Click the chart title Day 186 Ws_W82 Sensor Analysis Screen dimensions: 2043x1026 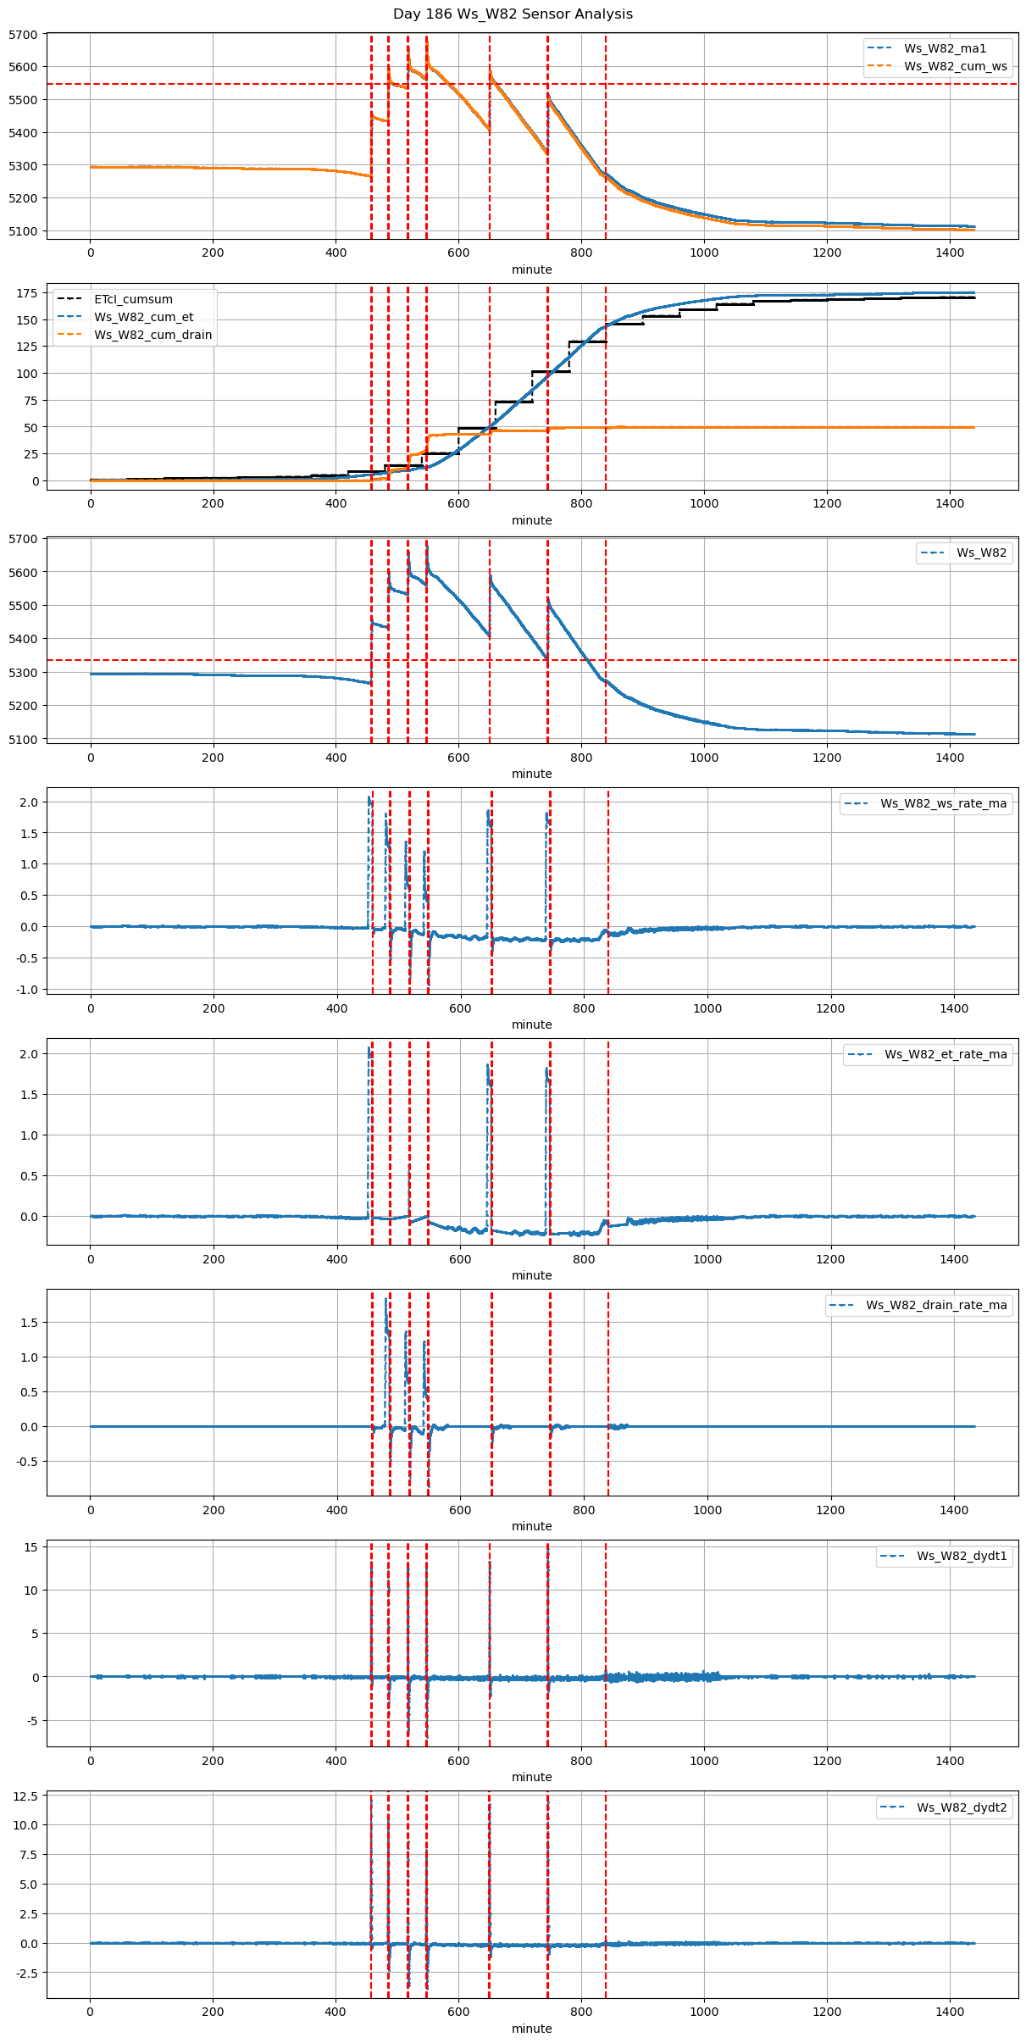pyautogui.click(x=513, y=14)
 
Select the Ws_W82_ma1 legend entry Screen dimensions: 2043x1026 pyautogui.click(x=945, y=48)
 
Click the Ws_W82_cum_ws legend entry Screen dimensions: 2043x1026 pyautogui.click(x=955, y=66)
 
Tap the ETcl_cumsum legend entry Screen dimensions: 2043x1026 pyautogui.click(x=133, y=299)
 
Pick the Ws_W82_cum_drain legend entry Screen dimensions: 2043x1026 pyautogui.click(x=153, y=335)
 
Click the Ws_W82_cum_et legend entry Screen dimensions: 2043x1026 pyautogui.click(x=143, y=317)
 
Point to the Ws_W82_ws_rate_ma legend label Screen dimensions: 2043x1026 pyautogui.click(x=943, y=803)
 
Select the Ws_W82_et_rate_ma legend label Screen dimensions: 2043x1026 pyautogui.click(x=946, y=1054)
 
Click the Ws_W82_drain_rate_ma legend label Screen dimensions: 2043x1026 pyautogui.click(x=936, y=1305)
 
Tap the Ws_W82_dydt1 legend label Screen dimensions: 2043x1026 pyautogui.click(x=962, y=1556)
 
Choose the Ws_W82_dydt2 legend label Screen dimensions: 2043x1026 pyautogui.click(x=962, y=1807)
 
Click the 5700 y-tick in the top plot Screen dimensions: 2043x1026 pyautogui.click(x=23, y=35)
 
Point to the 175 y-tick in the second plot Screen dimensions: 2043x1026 pyautogui.click(x=27, y=293)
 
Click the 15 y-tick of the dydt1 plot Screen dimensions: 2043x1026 pyautogui.click(x=31, y=1547)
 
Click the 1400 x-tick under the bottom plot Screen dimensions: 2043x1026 pyautogui.click(x=950, y=2012)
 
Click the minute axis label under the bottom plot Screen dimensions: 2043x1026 pyautogui.click(x=531, y=2029)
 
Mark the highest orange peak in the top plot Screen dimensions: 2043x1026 pyautogui.click(x=426, y=39)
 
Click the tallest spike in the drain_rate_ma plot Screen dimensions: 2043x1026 pyautogui.click(x=386, y=1299)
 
